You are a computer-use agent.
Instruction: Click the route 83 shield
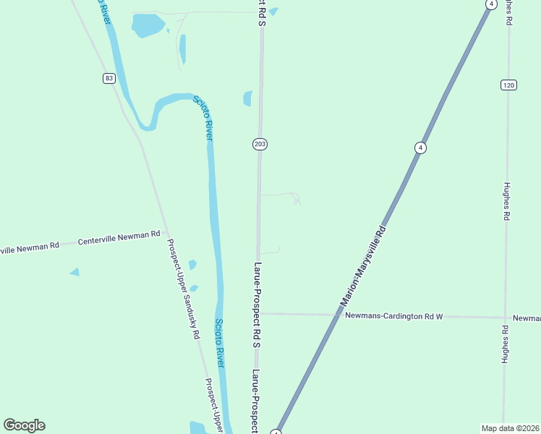click(108, 78)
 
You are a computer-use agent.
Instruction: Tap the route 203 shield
click(260, 144)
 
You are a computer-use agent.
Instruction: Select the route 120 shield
click(508, 85)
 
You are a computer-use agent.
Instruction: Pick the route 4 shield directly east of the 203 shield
click(420, 148)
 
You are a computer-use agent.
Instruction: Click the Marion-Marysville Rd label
click(363, 265)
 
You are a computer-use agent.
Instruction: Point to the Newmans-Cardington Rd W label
click(393, 316)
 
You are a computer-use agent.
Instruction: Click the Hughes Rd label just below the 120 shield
click(508, 200)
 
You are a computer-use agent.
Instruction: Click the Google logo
click(24, 425)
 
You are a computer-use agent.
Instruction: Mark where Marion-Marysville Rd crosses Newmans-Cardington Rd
click(339, 315)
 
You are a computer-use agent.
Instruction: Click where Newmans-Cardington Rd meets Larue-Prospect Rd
click(258, 314)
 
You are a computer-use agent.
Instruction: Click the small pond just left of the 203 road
click(248, 98)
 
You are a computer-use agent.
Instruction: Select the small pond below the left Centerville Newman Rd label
click(74, 272)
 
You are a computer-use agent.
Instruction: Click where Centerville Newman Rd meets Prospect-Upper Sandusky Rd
click(166, 233)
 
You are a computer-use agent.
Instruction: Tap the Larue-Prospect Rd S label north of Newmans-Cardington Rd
click(256, 303)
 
